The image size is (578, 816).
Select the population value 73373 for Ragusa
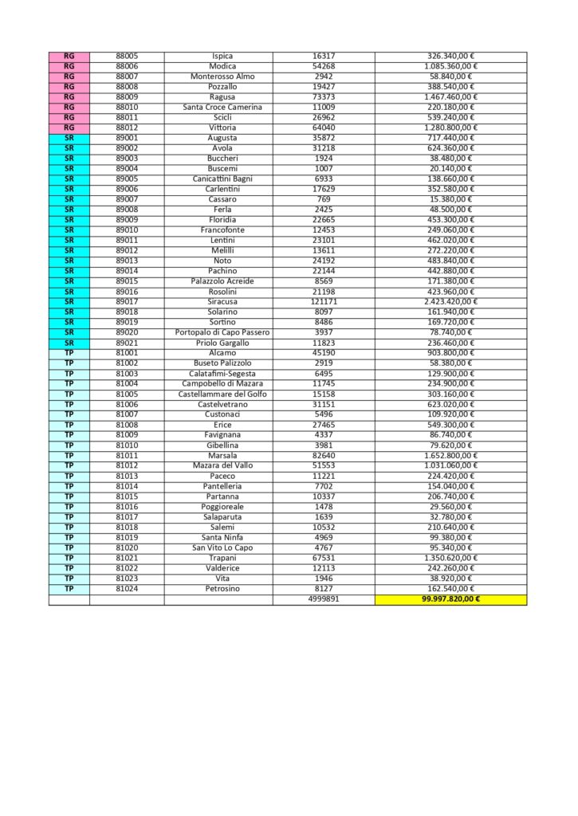(324, 97)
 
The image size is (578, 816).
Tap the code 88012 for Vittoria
(127, 127)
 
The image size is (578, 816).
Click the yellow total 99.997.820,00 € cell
(450, 598)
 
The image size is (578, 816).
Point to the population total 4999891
(324, 598)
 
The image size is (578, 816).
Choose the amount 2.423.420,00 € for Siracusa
(450, 302)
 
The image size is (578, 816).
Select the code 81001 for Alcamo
(127, 353)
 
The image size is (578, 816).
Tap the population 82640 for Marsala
(324, 455)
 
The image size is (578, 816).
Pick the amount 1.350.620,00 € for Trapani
(450, 558)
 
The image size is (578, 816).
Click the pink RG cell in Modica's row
(69, 66)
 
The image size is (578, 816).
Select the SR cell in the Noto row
(69, 261)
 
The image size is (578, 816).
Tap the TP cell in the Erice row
(69, 425)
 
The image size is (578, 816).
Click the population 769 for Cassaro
(324, 199)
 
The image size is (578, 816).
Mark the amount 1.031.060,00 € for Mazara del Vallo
(450, 465)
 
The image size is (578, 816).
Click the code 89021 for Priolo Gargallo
(127, 343)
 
